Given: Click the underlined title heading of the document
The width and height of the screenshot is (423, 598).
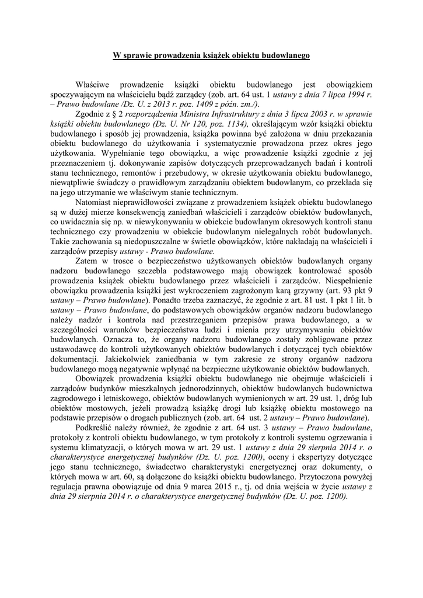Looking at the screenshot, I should (211, 56).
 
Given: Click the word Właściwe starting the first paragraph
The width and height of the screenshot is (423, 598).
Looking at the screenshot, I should (96, 85).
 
